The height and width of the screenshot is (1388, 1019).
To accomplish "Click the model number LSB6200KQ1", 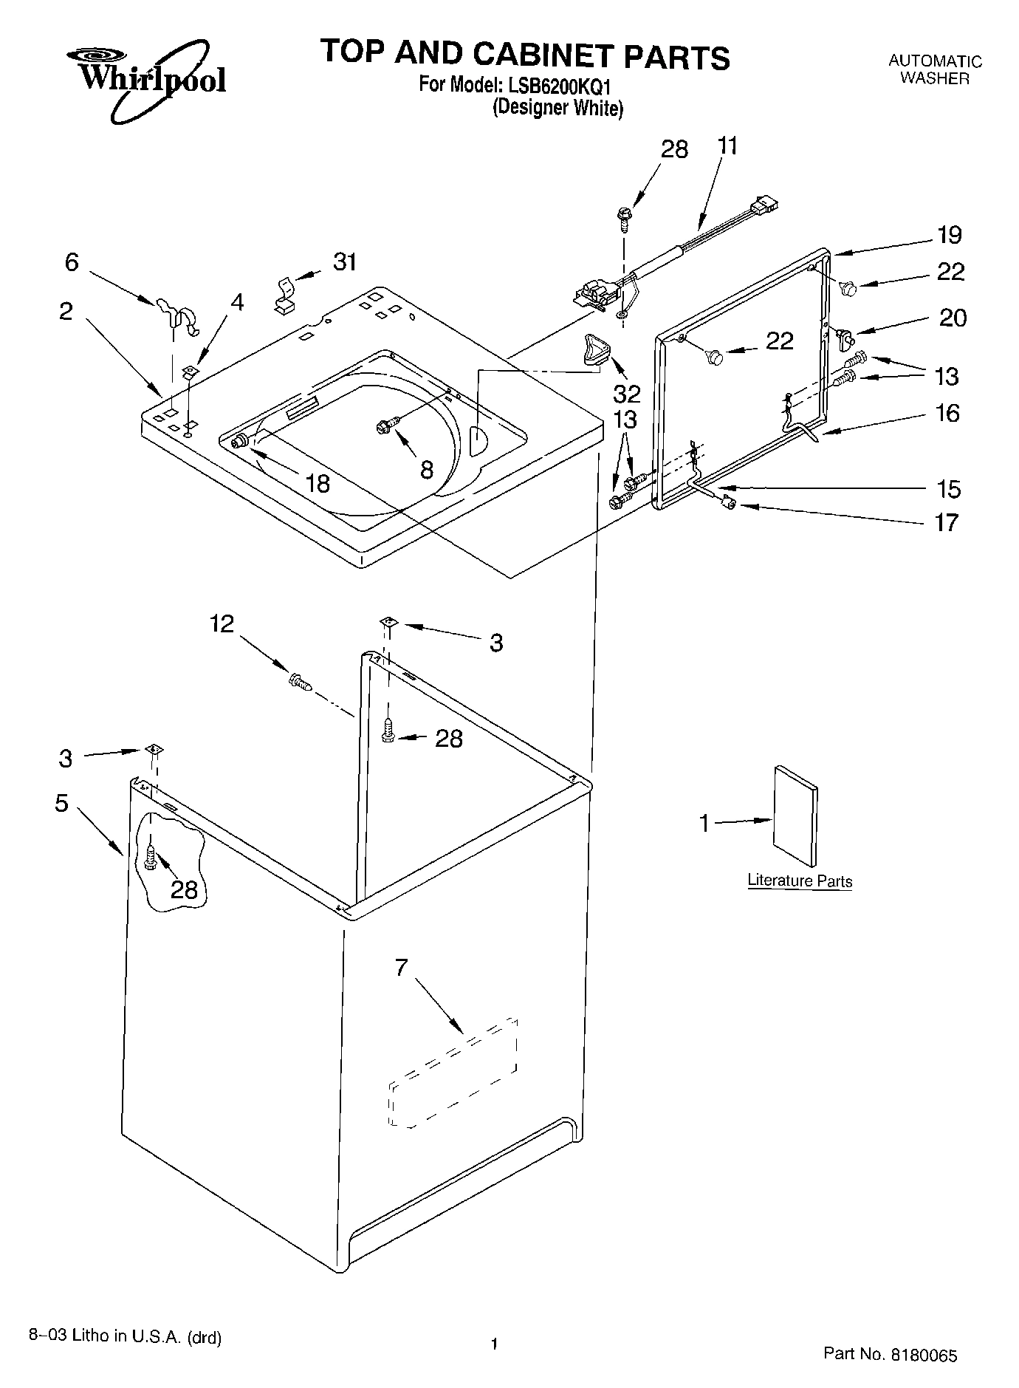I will click(562, 85).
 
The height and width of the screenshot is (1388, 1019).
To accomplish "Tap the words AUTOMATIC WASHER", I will click(934, 69).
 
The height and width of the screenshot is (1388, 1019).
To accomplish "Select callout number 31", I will click(344, 261).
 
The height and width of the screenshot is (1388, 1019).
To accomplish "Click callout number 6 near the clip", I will click(72, 261).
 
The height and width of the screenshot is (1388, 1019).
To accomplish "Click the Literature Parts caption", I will click(800, 881).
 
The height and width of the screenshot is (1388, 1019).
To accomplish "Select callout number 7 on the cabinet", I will click(401, 967).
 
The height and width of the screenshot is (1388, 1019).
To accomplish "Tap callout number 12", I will click(222, 624).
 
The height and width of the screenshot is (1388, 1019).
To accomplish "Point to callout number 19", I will click(950, 235).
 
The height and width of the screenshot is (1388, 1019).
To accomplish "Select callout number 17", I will click(947, 522).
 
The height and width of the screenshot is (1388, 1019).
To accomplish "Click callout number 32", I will click(627, 392).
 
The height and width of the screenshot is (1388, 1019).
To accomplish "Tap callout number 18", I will click(318, 483).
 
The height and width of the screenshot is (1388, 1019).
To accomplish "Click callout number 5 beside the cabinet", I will click(62, 803).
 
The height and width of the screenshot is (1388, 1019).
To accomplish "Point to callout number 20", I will click(953, 318).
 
